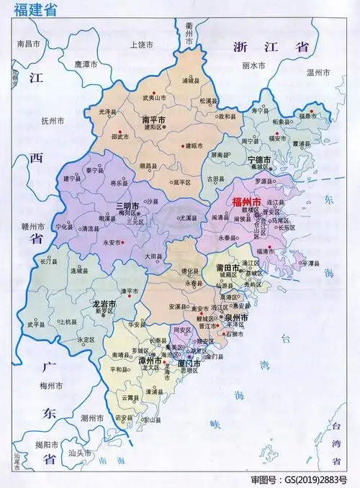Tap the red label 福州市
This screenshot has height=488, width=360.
[x=247, y=203]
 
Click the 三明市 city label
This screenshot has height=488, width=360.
[x=129, y=206]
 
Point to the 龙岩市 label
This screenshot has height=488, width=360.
[x=105, y=304]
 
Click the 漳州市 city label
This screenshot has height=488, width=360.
[x=150, y=359]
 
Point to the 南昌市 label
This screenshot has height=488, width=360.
[x=30, y=44]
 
